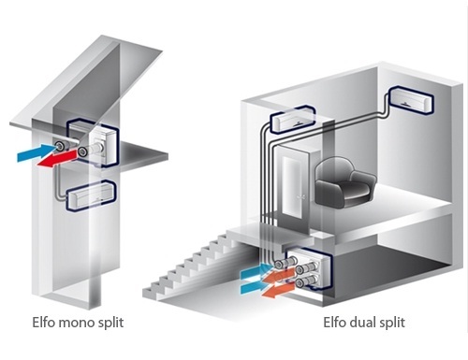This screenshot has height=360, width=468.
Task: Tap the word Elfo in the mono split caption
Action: click(44, 322)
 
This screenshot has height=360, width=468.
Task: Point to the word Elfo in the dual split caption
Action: click(335, 322)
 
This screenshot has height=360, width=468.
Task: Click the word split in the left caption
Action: click(107, 323)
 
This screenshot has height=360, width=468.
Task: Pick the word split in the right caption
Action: click(390, 323)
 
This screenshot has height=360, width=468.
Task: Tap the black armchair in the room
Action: click(345, 182)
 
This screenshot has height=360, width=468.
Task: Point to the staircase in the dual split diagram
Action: click(199, 268)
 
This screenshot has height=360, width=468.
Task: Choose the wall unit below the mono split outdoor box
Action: click(91, 195)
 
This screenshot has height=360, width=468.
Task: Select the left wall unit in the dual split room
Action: click(292, 120)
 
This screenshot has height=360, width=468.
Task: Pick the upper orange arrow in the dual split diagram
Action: click(278, 276)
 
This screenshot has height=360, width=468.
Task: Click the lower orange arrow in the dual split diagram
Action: click(277, 290)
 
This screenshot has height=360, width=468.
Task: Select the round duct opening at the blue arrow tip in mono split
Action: click(59, 144)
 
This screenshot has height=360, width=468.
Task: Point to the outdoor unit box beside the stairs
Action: click(309, 269)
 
